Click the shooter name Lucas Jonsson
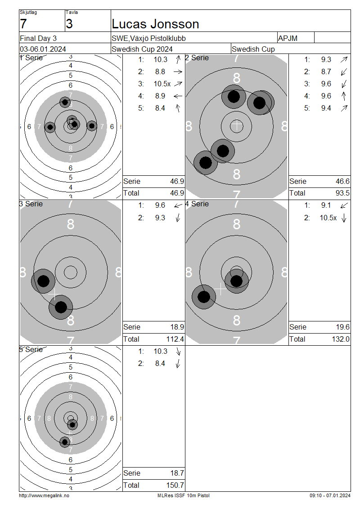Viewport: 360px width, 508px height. pyautogui.click(x=155, y=24)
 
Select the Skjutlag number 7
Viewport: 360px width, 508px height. pyautogui.click(x=23, y=24)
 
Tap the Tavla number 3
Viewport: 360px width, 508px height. pyautogui.click(x=69, y=24)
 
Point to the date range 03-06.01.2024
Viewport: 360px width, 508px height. pyautogui.click(x=43, y=49)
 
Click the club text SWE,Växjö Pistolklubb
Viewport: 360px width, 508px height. pyautogui.click(x=148, y=39)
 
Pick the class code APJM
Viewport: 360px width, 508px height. pyautogui.click(x=288, y=39)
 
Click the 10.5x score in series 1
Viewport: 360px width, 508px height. pyautogui.click(x=162, y=84)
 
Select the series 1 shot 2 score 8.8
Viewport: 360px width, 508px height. pyautogui.click(x=160, y=71)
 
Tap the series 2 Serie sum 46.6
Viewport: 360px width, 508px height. pyautogui.click(x=342, y=182)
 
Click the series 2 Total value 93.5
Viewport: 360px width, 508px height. pyautogui.click(x=342, y=193)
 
